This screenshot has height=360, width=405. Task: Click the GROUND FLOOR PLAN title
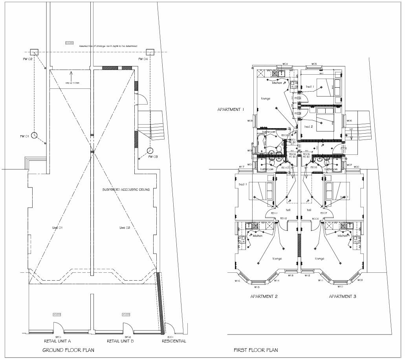point(68,349)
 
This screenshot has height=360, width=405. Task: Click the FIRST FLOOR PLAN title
point(256,350)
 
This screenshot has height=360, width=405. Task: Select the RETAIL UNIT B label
point(120,341)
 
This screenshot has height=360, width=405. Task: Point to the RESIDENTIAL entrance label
point(174,341)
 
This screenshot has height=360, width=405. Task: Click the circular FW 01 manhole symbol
point(34,135)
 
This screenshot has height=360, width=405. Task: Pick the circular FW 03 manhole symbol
point(150,151)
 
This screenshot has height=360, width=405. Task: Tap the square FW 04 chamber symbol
point(150,52)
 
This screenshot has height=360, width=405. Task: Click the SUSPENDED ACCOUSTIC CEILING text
point(126,189)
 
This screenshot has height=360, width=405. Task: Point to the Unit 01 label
point(58,228)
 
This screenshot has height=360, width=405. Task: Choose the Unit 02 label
point(125,228)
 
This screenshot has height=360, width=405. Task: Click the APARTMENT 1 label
point(231,109)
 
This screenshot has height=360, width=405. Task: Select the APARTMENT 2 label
point(264,296)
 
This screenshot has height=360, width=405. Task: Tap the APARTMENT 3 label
point(343,296)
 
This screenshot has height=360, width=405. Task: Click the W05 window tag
point(314,64)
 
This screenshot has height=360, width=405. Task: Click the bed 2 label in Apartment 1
point(309,127)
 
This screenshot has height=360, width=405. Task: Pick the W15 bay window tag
point(257,287)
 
